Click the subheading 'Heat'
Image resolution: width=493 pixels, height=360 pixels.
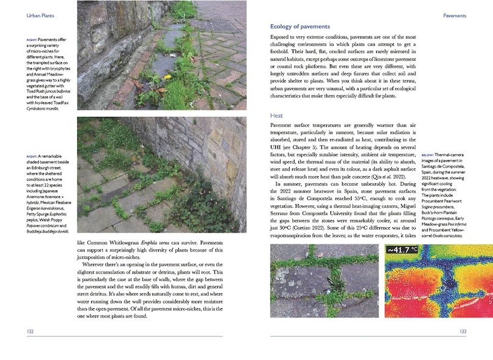[277, 115]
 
